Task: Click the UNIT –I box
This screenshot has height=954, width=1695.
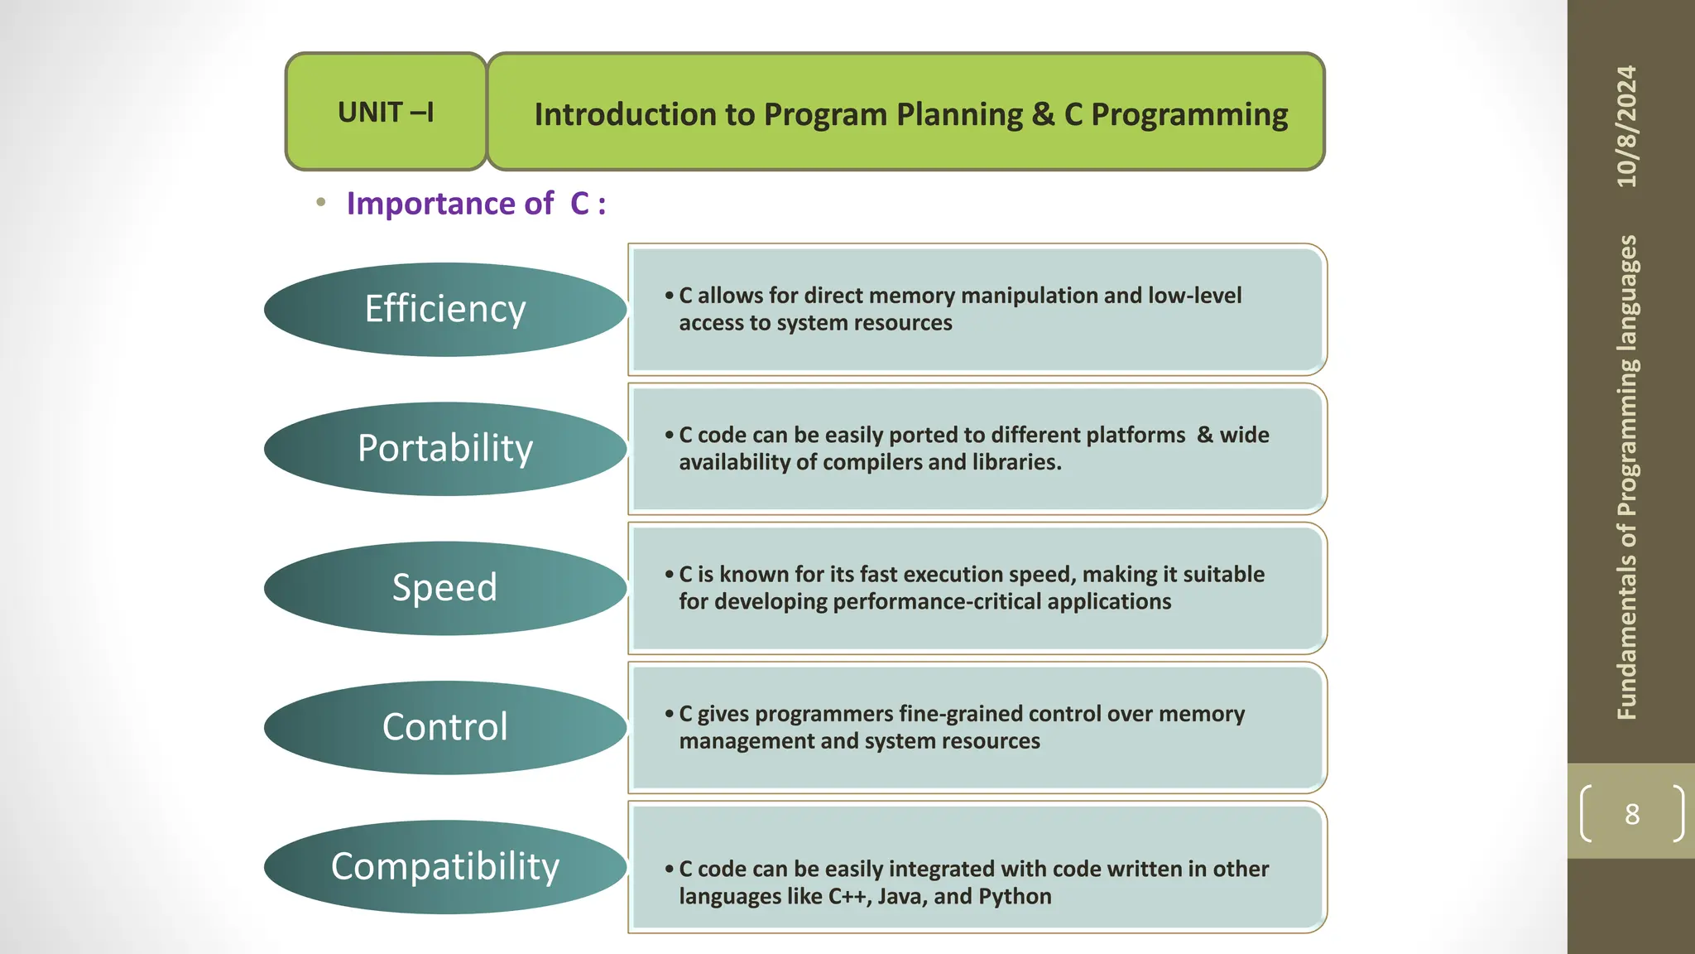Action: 386,112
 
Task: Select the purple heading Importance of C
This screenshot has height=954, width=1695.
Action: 476,204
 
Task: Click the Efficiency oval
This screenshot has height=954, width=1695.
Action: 445,309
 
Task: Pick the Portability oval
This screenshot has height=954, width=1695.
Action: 445,448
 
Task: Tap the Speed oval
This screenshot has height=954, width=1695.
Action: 445,587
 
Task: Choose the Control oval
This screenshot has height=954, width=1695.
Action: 445,726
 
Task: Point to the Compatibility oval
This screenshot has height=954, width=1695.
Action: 445,866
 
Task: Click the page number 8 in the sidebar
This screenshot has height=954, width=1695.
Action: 1631,814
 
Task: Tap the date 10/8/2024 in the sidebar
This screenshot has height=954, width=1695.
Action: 1627,126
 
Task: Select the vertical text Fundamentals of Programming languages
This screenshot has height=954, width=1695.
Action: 1627,477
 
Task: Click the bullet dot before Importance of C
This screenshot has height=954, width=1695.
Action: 321,202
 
